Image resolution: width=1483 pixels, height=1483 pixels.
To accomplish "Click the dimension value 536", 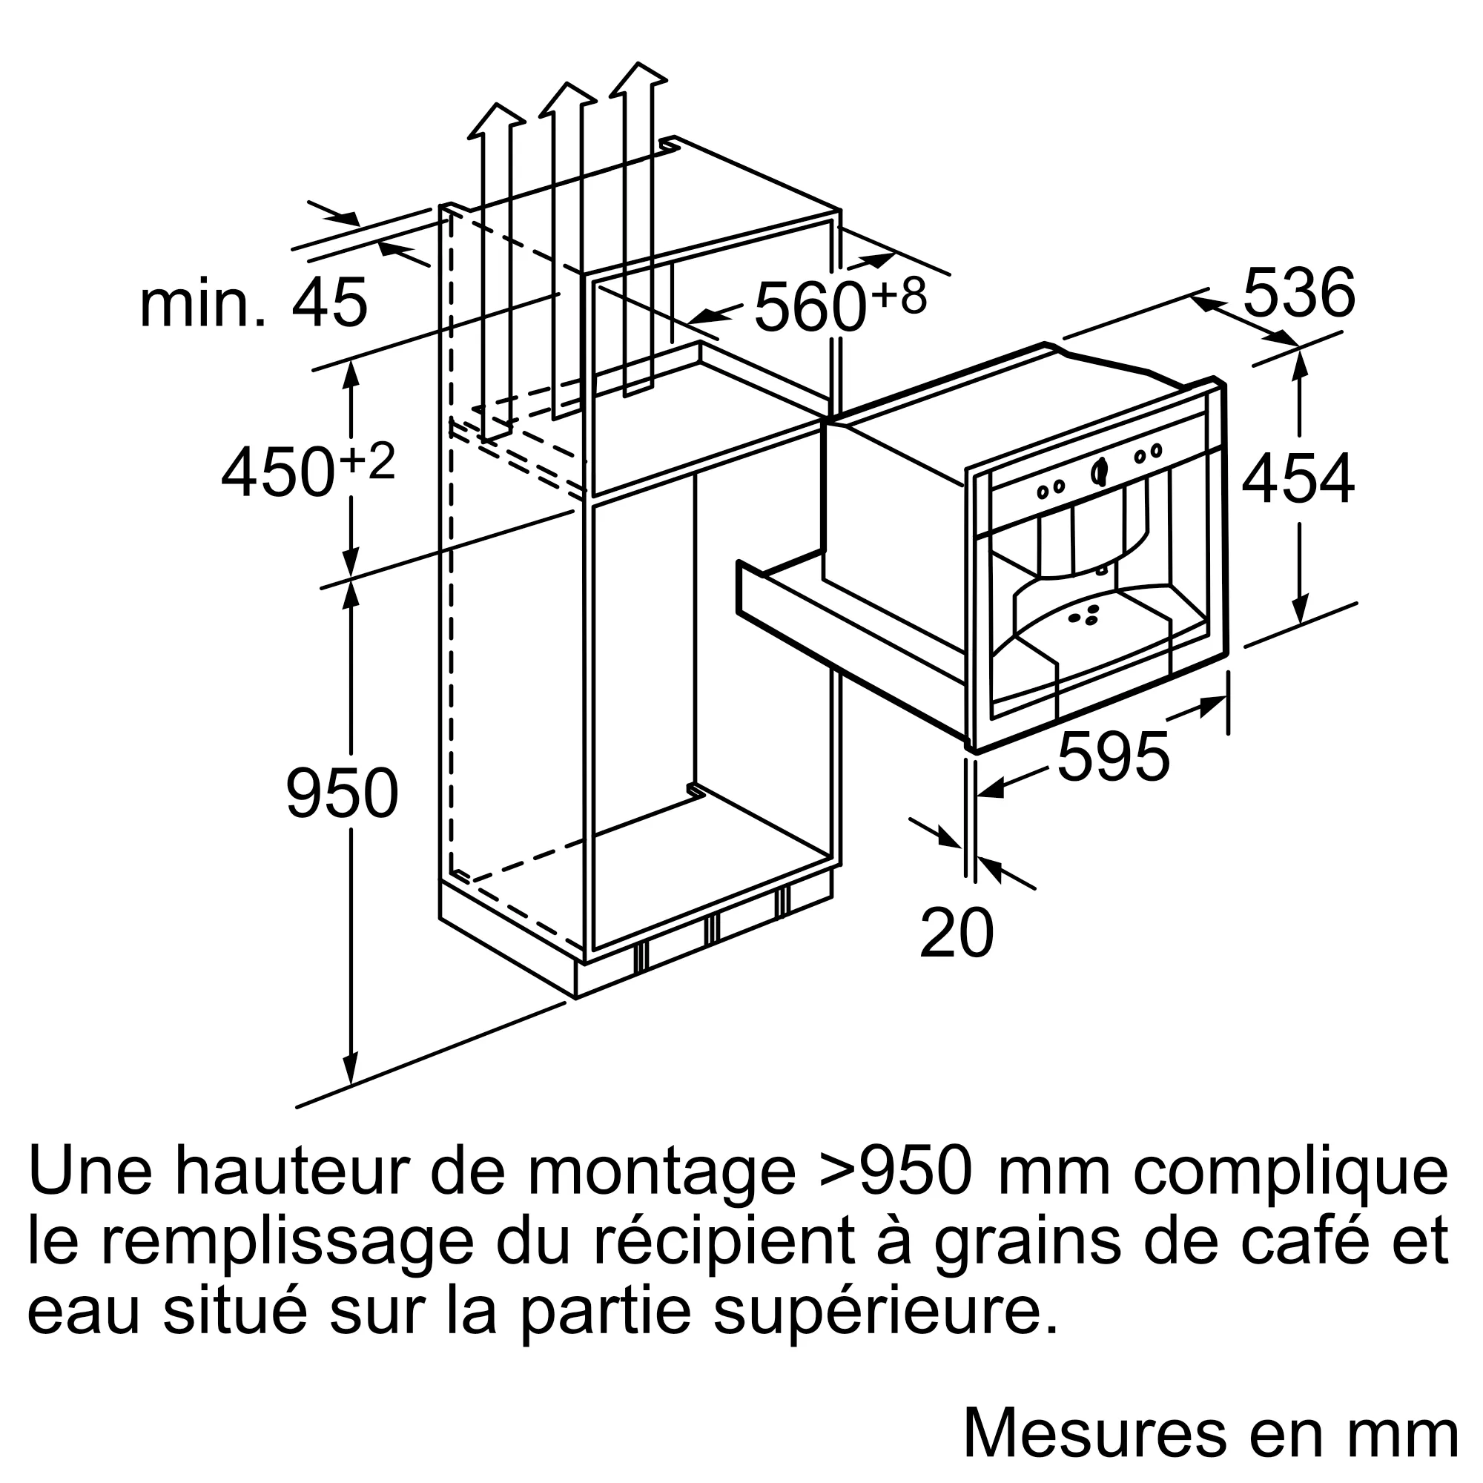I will click(1299, 293).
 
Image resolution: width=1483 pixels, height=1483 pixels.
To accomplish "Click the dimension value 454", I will click(1298, 480).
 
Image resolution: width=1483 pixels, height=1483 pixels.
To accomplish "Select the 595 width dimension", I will click(1113, 758).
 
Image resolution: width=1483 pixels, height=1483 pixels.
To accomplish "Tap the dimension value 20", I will click(957, 934).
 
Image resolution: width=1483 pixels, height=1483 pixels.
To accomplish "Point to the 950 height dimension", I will click(343, 793).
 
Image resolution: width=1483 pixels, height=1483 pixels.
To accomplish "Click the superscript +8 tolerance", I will click(898, 297).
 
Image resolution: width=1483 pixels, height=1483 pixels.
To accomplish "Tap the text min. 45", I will click(254, 304).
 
